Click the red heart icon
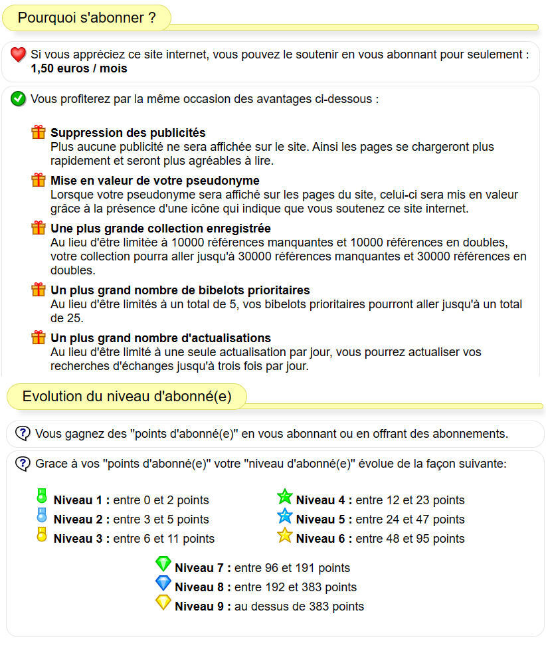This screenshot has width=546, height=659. pyautogui.click(x=19, y=55)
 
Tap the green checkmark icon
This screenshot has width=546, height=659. pyautogui.click(x=19, y=100)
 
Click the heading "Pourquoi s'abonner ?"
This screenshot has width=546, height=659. pyautogui.click(x=87, y=18)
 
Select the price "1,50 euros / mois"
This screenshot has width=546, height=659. pyautogui.click(x=79, y=68)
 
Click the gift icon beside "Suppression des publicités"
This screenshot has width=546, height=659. pyautogui.click(x=39, y=132)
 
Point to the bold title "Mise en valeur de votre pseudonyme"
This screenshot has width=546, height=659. pyautogui.click(x=155, y=181)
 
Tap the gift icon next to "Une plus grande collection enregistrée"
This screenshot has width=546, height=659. pyautogui.click(x=39, y=228)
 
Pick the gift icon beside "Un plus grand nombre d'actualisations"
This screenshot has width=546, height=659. pyautogui.click(x=39, y=337)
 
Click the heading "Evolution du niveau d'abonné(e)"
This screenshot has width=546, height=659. pyautogui.click(x=127, y=397)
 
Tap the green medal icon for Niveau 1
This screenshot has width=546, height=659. pyautogui.click(x=42, y=496)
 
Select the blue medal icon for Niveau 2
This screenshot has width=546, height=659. pyautogui.click(x=42, y=515)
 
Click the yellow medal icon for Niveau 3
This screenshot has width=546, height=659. pyautogui.click(x=42, y=534)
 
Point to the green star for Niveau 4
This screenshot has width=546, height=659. pyautogui.click(x=285, y=496)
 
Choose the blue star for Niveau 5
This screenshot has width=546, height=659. pyautogui.click(x=285, y=516)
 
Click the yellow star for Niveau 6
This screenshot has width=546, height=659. pyautogui.click(x=285, y=535)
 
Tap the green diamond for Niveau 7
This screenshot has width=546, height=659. pyautogui.click(x=163, y=564)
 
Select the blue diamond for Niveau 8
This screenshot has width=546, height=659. pyautogui.click(x=163, y=583)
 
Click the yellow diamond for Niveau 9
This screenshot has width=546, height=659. pyautogui.click(x=163, y=603)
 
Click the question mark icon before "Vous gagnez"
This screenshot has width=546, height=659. pyautogui.click(x=23, y=433)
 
